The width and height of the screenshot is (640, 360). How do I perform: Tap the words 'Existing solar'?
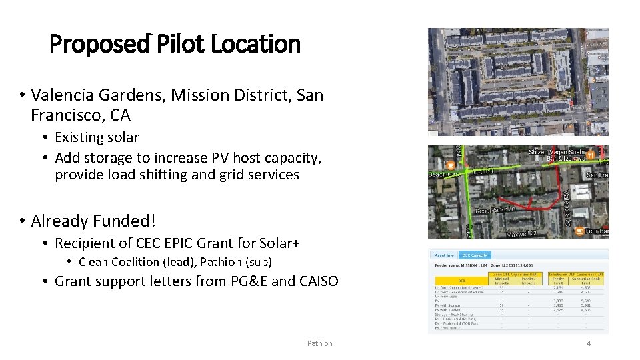click(97, 137)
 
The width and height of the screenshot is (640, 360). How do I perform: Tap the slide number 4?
click(589, 343)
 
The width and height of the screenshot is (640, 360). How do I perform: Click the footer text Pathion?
click(319, 343)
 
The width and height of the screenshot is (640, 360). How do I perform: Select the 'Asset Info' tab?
click(444, 255)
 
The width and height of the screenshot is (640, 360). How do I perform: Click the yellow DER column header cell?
click(461, 281)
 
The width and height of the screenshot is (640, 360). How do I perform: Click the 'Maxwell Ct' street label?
click(523, 234)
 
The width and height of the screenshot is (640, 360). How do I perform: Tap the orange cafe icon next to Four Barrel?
click(579, 230)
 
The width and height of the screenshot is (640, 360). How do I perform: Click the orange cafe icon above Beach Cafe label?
click(450, 165)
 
